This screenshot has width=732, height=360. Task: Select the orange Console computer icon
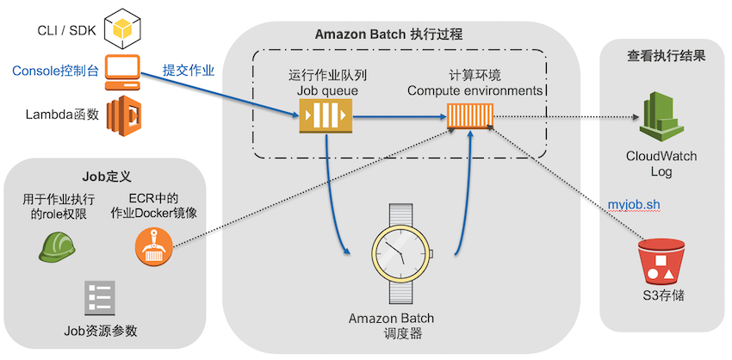pos(121,72)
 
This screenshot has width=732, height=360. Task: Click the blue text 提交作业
pos(188,71)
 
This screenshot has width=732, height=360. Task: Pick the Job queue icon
pos(326,115)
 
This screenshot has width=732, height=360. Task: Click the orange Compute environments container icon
pos(470,115)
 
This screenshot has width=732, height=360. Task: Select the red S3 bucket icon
pos(663,261)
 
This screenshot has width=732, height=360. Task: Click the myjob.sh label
pos(634,205)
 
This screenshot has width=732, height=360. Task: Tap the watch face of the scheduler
pos(401,253)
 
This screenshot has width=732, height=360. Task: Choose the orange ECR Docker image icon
pos(153,246)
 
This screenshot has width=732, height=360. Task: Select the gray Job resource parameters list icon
pos(100,297)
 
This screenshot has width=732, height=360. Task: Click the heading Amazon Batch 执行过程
pos(388,34)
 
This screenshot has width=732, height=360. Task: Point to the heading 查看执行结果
pos(666,57)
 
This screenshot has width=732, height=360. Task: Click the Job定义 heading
pos(107,177)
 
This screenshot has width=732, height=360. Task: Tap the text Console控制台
pos(56,71)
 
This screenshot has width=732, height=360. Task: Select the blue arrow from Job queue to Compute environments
pos(399,117)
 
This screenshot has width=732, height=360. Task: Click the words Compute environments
pos(475,90)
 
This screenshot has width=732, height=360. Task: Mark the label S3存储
pos(663,295)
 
